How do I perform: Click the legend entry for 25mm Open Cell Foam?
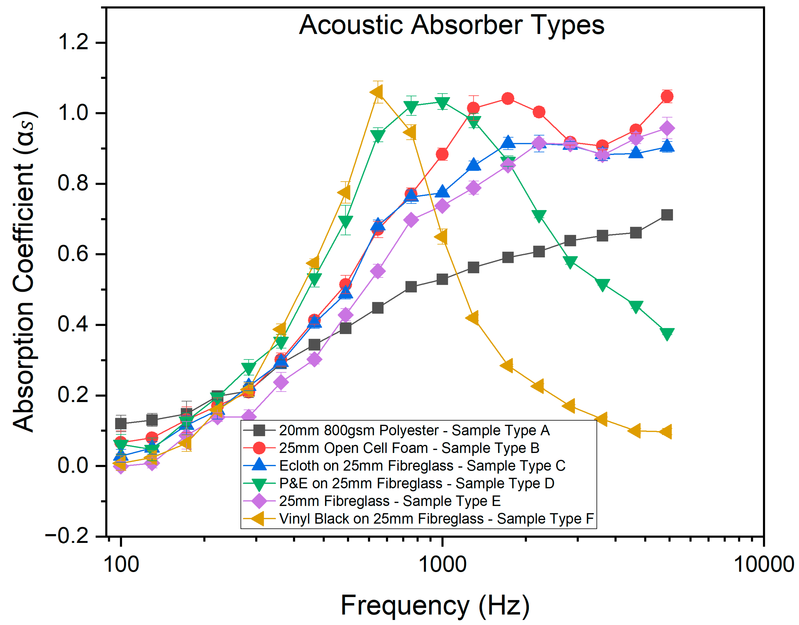coord(409,448)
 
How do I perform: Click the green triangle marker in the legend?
coord(259,484)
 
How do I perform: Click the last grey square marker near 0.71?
coord(667,215)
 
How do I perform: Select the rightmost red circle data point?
coord(667,97)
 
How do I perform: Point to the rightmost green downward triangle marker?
coord(667,333)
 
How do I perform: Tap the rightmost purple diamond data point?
coord(667,128)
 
